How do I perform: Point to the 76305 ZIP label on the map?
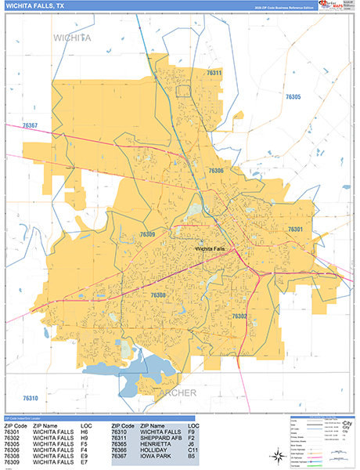coord(293,96)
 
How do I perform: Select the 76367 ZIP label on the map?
coord(31,125)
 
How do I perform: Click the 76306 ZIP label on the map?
coord(216,170)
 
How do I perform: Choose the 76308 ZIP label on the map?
coord(158,295)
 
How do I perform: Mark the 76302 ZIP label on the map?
coord(239,316)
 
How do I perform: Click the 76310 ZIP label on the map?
coord(31,399)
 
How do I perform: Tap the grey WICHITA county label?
coord(72,37)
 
